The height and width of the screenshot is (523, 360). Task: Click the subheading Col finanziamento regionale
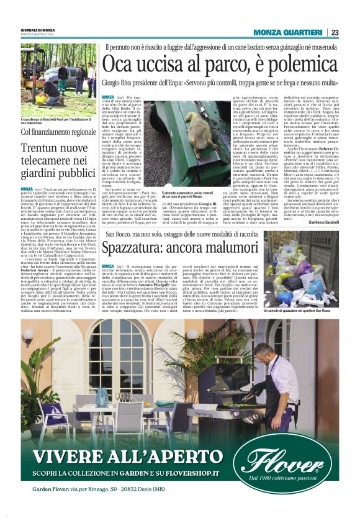coord(58,132)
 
